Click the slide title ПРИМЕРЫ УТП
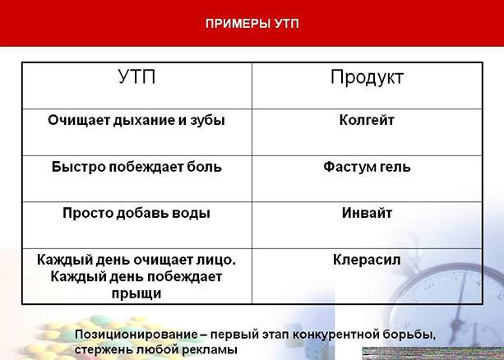252,23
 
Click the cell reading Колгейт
367,120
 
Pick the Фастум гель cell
367,167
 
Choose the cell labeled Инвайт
367,213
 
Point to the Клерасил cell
367,260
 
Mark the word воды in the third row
192,213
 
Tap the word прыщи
136,293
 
